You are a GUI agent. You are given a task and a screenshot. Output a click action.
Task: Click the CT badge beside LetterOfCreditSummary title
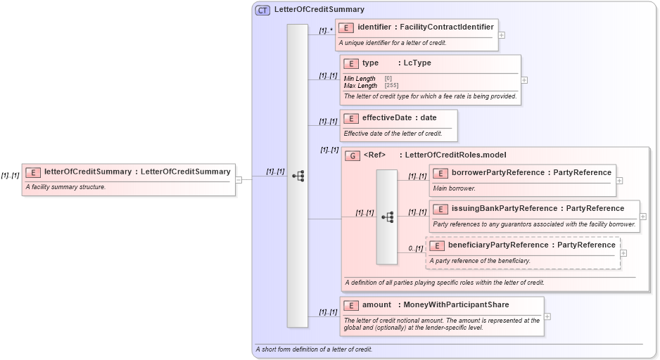(x=262, y=10)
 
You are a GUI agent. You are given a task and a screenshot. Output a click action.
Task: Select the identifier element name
(x=374, y=27)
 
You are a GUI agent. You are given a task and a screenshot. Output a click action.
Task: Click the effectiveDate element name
(x=386, y=118)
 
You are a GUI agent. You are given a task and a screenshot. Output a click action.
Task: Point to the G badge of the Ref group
(x=353, y=155)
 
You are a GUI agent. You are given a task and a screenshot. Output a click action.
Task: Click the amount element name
(x=376, y=305)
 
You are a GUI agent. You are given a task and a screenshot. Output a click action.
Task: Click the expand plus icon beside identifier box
(x=501, y=34)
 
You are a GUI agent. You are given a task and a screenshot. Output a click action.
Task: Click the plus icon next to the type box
(x=524, y=80)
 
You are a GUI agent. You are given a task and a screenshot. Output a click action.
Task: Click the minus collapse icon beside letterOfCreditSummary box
(x=239, y=179)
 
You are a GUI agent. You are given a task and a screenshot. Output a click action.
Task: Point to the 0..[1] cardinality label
(x=415, y=248)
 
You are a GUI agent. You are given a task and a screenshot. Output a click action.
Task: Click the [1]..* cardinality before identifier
(x=325, y=31)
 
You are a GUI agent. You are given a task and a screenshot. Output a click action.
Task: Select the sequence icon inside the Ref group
(x=387, y=217)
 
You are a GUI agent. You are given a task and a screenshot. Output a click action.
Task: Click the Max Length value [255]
(x=391, y=86)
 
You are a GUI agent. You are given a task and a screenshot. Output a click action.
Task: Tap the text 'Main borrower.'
(x=454, y=188)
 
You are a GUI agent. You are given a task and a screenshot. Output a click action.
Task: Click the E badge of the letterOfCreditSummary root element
(x=33, y=172)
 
